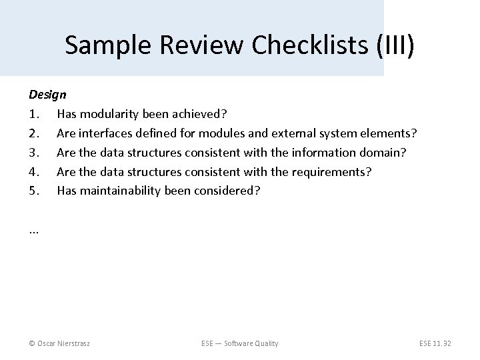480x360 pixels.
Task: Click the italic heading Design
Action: click(x=47, y=95)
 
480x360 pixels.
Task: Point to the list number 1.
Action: click(x=34, y=115)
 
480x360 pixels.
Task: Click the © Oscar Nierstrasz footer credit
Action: click(x=59, y=343)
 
